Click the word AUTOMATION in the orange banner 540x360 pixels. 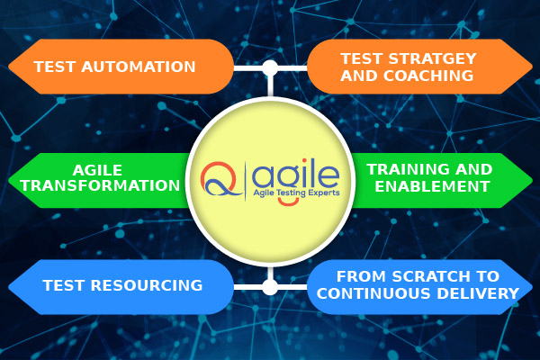[x=139, y=67]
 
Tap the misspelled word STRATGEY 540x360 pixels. [x=432, y=58]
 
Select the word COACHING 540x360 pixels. [x=428, y=76]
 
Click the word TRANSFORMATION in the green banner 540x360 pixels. [x=100, y=185]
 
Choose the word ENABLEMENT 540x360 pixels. [x=432, y=186]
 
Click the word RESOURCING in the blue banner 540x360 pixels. [x=147, y=285]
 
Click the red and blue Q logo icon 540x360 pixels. [x=220, y=179]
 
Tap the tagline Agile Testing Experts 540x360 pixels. [x=296, y=193]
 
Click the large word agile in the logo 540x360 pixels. [x=295, y=175]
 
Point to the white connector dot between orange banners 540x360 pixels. [x=270, y=67]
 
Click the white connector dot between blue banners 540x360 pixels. [x=270, y=287]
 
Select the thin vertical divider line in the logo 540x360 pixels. [x=245, y=181]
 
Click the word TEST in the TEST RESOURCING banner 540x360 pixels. [x=63, y=285]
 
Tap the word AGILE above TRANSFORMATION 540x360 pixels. [x=97, y=170]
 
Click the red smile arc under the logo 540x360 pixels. [x=288, y=203]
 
